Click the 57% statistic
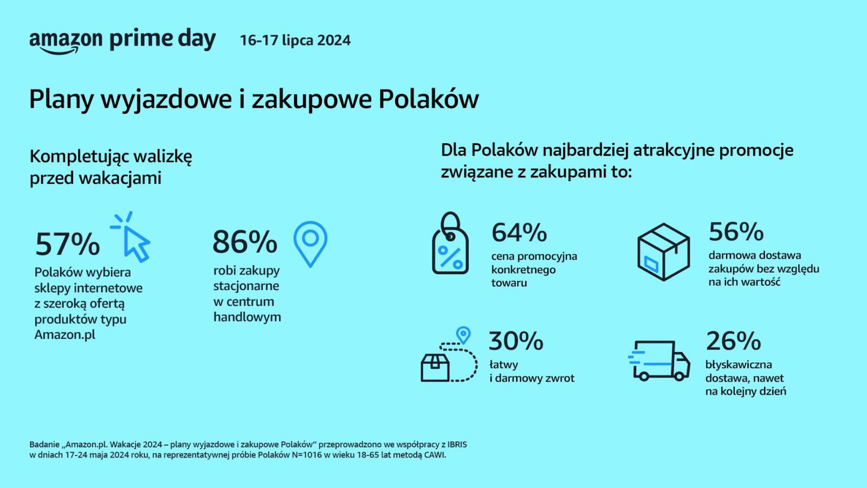(67, 245)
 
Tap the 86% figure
(245, 242)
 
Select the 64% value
(519, 233)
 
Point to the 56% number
(736, 231)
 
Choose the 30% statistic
(516, 341)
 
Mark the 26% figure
(734, 341)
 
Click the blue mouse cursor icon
(131, 237)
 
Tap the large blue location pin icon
(310, 244)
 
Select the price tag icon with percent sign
(450, 243)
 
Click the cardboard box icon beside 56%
(663, 252)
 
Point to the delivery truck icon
(659, 361)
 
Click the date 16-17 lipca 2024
(295, 40)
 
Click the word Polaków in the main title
(429, 99)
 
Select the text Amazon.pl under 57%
(64, 335)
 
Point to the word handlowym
(247, 317)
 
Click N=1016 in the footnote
(307, 455)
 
